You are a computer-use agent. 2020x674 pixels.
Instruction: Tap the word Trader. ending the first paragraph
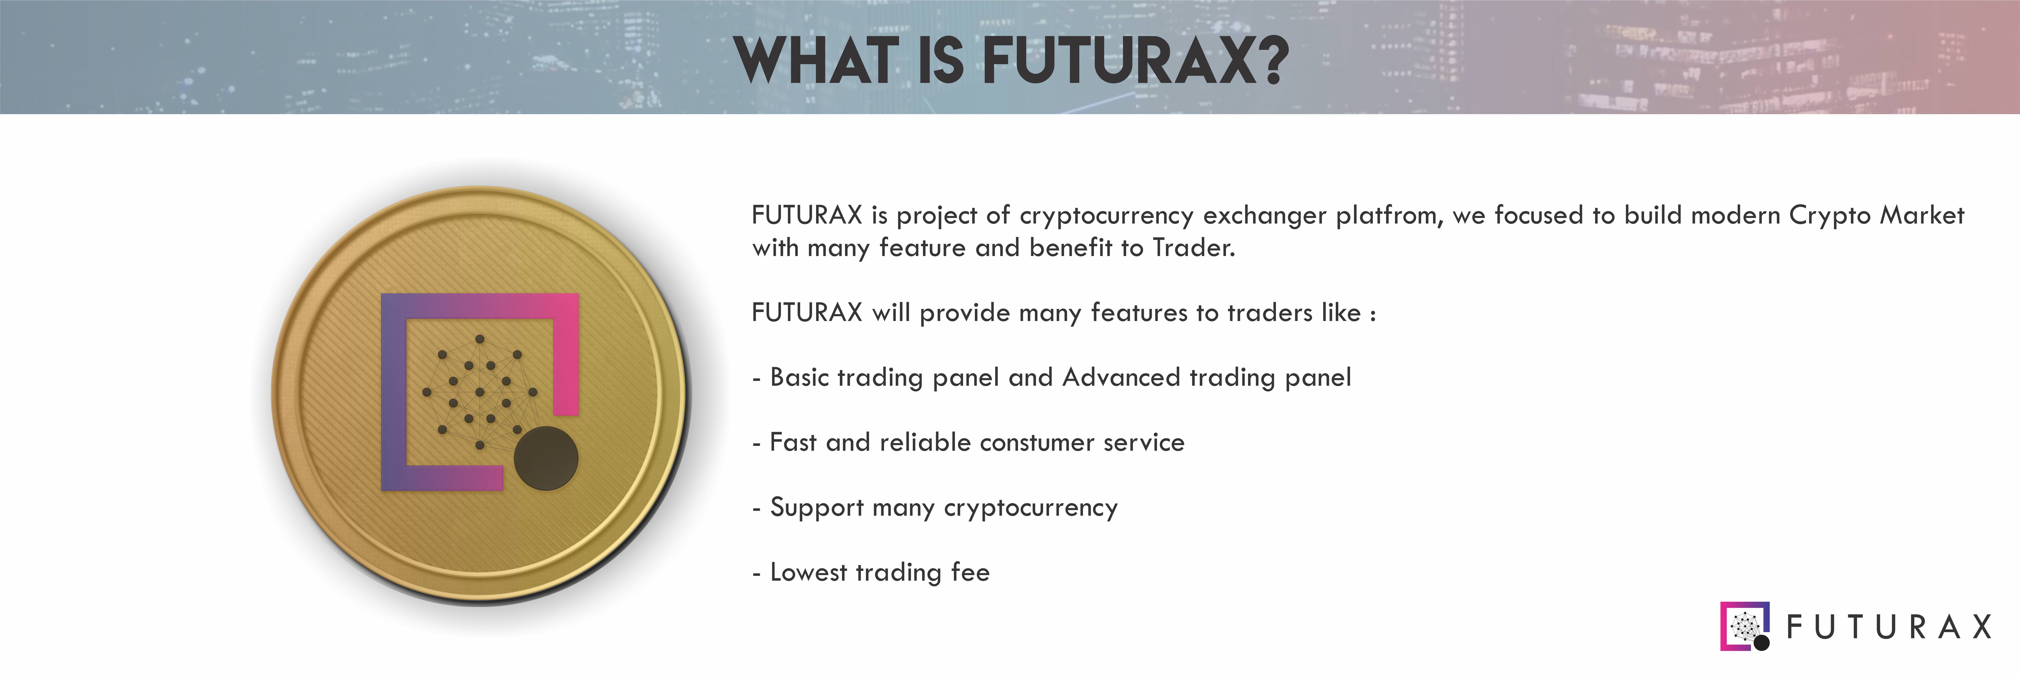(x=1193, y=248)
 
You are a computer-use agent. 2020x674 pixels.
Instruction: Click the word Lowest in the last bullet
(x=809, y=573)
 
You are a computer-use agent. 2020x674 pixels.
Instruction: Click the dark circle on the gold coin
(x=546, y=459)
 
